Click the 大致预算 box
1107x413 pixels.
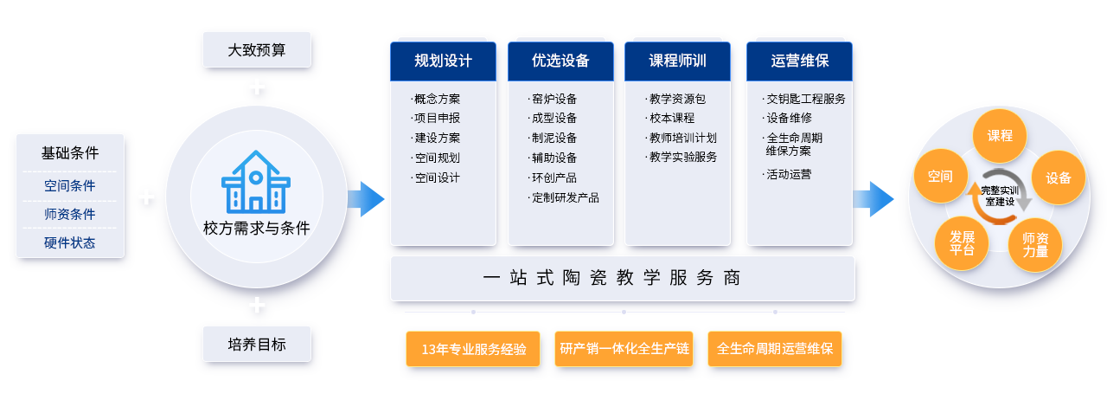pyautogui.click(x=256, y=49)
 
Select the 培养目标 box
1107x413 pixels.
pyautogui.click(x=256, y=344)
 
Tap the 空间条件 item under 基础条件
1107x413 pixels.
pyautogui.click(x=70, y=185)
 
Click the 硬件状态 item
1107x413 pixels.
pyautogui.click(x=70, y=242)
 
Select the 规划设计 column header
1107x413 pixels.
pyautogui.click(x=443, y=61)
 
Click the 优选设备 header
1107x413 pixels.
pyautogui.click(x=560, y=61)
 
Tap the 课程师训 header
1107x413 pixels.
pyautogui.click(x=677, y=61)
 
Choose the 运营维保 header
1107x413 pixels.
pyautogui.click(x=799, y=61)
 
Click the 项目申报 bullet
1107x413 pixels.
pyautogui.click(x=437, y=118)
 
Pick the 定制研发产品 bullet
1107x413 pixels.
pyautogui.click(x=564, y=197)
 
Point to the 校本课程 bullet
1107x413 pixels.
pyautogui.click(x=671, y=118)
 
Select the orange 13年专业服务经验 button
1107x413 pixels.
pyautogui.click(x=473, y=349)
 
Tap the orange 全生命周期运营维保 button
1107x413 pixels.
pyautogui.click(x=774, y=349)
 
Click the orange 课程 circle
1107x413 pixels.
pyautogui.click(x=1000, y=136)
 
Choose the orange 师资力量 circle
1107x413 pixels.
pyautogui.click(x=1035, y=245)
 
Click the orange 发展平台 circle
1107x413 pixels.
pyautogui.click(x=962, y=242)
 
